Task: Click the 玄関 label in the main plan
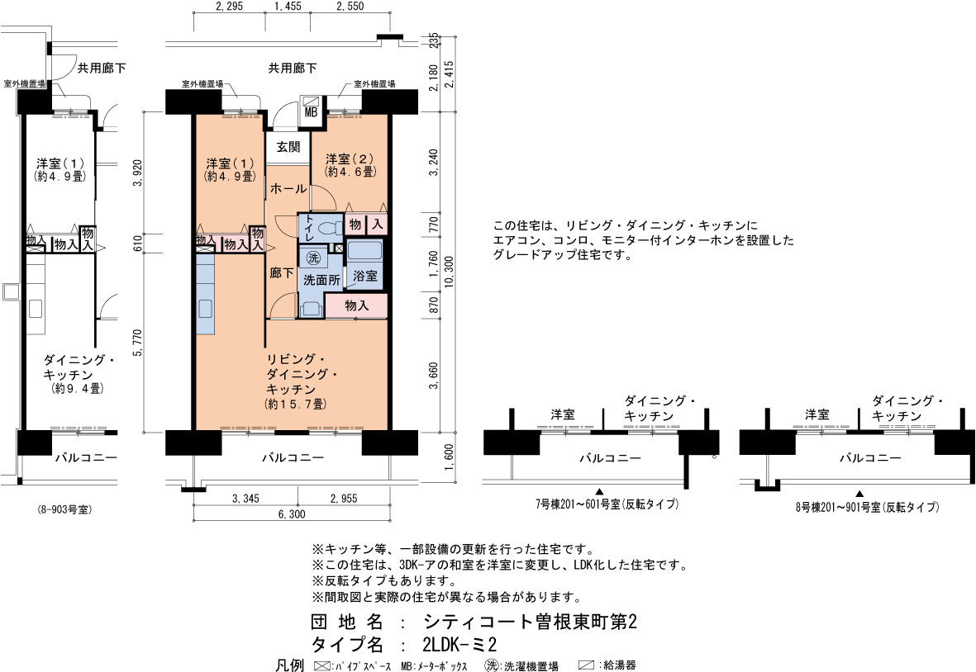(x=288, y=147)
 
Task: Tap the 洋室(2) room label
(x=350, y=159)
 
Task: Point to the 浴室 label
(x=365, y=276)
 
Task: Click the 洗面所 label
(x=321, y=281)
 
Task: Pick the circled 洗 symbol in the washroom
(x=314, y=258)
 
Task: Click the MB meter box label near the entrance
(x=311, y=112)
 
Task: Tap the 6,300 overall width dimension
(x=291, y=514)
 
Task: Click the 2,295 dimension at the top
(x=229, y=7)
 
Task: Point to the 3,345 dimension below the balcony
(x=245, y=499)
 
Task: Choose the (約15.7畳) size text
(x=295, y=404)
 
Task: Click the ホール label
(x=288, y=187)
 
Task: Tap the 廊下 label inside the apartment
(x=281, y=272)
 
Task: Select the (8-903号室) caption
(x=64, y=509)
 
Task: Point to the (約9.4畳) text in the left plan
(x=77, y=389)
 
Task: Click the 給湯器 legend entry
(x=619, y=665)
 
